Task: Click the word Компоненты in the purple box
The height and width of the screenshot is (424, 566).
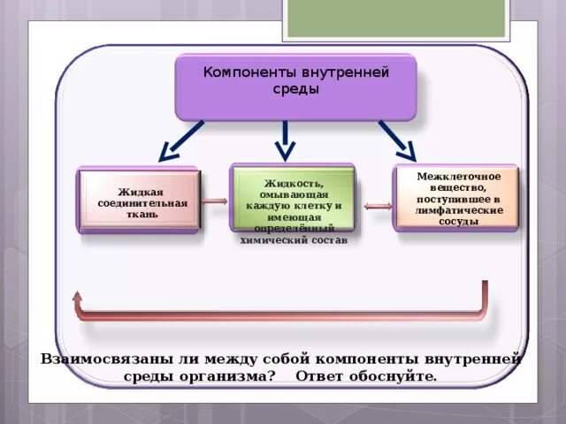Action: tap(244, 72)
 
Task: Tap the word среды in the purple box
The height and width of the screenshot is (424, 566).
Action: tap(295, 88)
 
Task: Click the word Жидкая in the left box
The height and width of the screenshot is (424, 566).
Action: tap(140, 192)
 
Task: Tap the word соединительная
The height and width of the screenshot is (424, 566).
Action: tap(141, 203)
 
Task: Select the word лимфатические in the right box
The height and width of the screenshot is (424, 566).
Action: tap(458, 211)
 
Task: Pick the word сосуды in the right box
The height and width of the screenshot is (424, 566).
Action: tap(458, 222)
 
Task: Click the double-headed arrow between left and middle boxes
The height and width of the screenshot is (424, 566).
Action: tap(215, 202)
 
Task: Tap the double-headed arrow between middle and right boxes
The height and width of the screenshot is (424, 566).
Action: tap(378, 207)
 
